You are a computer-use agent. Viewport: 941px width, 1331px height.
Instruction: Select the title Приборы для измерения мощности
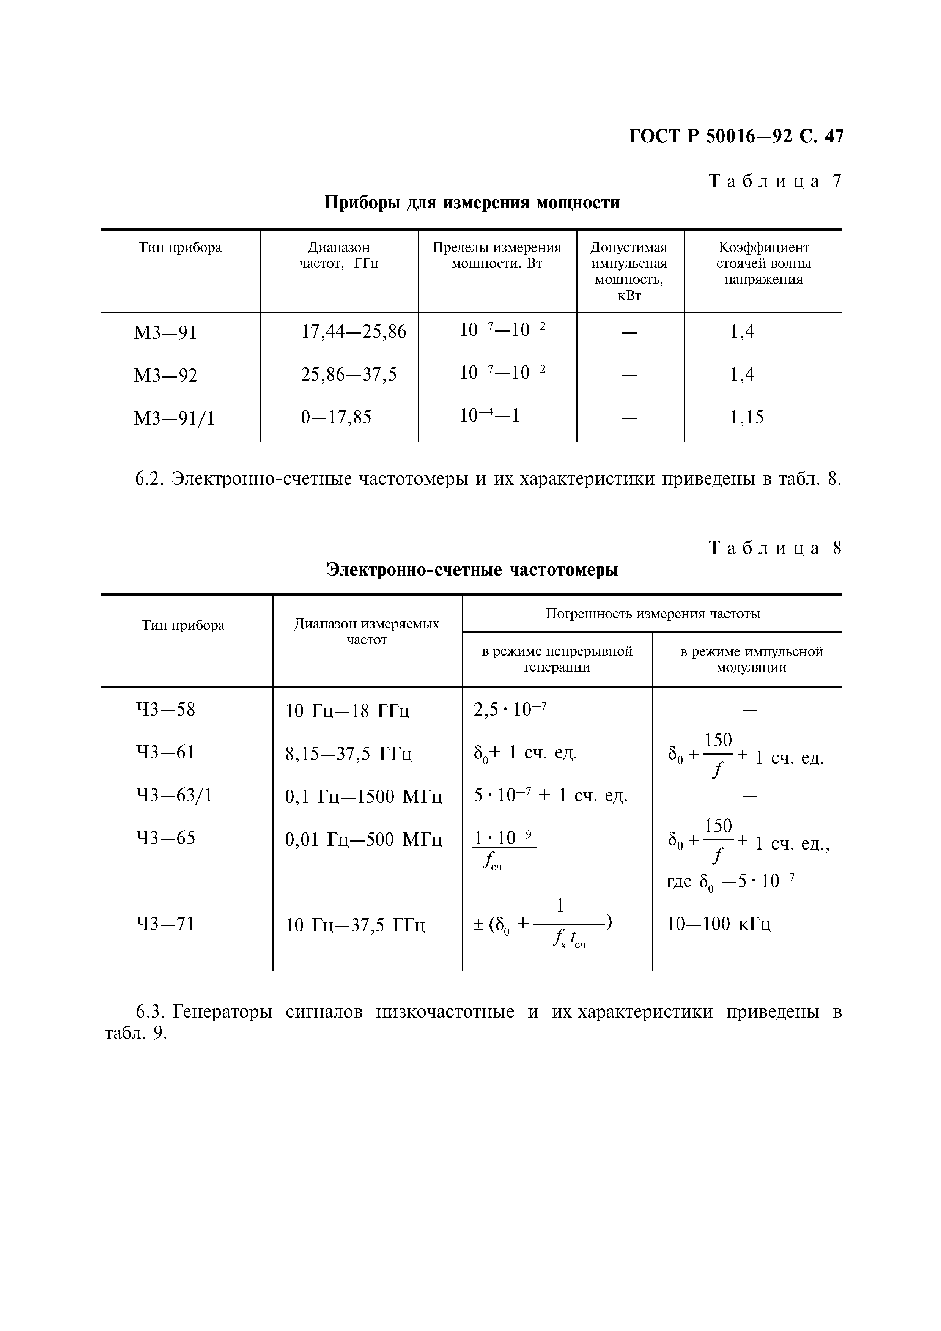click(x=471, y=202)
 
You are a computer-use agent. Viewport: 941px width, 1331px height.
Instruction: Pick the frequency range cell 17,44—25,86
click(x=353, y=332)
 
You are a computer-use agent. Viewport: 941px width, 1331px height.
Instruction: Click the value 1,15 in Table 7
click(x=746, y=417)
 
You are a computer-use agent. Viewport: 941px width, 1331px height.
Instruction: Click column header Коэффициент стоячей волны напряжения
click(x=763, y=263)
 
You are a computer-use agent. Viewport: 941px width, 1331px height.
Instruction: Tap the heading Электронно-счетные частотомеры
click(x=471, y=570)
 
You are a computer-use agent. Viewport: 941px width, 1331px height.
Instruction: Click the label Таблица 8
click(x=774, y=548)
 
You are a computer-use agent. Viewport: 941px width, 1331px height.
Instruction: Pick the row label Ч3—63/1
click(x=174, y=795)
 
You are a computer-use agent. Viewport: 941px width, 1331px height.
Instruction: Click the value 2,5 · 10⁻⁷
click(x=510, y=710)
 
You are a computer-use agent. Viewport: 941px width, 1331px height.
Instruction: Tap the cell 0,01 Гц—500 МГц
click(x=363, y=839)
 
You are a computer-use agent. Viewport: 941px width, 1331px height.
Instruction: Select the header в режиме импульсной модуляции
click(x=751, y=659)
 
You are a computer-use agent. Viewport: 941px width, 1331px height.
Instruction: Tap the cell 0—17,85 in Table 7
click(x=336, y=417)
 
